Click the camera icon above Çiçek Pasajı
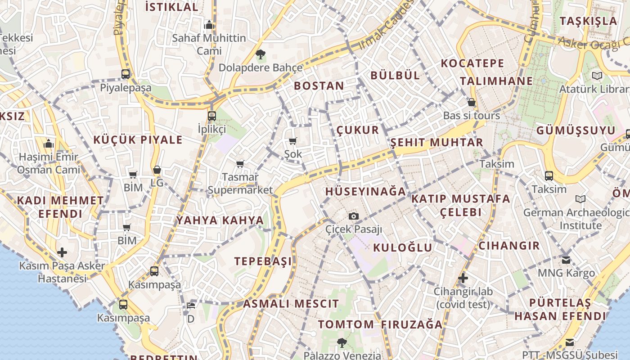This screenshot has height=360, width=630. [x=354, y=216]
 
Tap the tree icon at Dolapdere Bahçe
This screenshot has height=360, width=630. [x=260, y=55]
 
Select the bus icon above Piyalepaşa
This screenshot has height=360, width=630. [x=126, y=74]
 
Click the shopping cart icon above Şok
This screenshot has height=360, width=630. [x=293, y=141]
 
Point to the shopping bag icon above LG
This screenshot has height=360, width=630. [x=157, y=170]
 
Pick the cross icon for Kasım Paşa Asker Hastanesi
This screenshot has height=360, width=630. [x=62, y=252]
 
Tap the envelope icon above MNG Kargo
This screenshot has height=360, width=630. [x=566, y=260]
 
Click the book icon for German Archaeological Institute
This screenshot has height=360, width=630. [x=580, y=199]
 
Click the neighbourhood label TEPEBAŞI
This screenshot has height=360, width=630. [x=263, y=261]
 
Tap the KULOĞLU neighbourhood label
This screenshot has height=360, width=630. [x=402, y=247]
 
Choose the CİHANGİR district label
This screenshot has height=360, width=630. [x=509, y=246]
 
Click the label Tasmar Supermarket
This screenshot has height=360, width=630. [x=240, y=183]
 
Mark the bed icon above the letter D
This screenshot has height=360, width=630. [x=191, y=306]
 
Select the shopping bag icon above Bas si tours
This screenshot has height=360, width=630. [x=472, y=103]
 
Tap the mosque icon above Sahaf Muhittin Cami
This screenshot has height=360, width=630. [x=209, y=25]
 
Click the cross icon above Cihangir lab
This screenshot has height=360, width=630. [x=463, y=278]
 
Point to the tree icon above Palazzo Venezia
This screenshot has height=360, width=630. [x=342, y=342]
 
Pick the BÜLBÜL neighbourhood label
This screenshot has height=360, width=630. [x=395, y=75]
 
